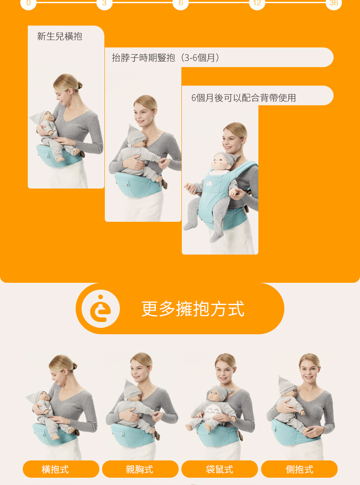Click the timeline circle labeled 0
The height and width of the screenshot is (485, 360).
click(x=28, y=3)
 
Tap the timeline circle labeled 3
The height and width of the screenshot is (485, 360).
click(x=104, y=3)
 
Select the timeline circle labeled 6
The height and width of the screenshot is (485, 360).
click(x=181, y=3)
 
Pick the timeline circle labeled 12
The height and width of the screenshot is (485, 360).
click(x=257, y=3)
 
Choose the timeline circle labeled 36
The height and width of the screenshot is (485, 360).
click(x=334, y=3)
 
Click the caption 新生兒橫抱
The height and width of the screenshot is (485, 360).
click(x=59, y=36)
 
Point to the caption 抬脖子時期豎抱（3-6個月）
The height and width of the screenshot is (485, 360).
click(x=166, y=57)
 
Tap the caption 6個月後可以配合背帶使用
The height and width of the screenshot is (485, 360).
click(x=244, y=98)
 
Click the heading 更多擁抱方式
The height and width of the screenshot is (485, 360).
click(x=193, y=309)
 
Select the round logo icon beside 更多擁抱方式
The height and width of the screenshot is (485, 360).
click(x=101, y=309)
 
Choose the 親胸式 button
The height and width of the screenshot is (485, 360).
click(x=140, y=469)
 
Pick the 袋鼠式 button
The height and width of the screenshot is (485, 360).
click(x=220, y=469)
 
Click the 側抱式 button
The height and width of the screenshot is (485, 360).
click(x=299, y=469)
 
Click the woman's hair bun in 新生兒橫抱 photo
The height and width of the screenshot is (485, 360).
click(x=79, y=85)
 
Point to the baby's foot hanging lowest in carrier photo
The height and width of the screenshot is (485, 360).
click(x=216, y=237)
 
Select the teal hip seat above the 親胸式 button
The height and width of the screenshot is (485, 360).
click(x=133, y=435)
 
